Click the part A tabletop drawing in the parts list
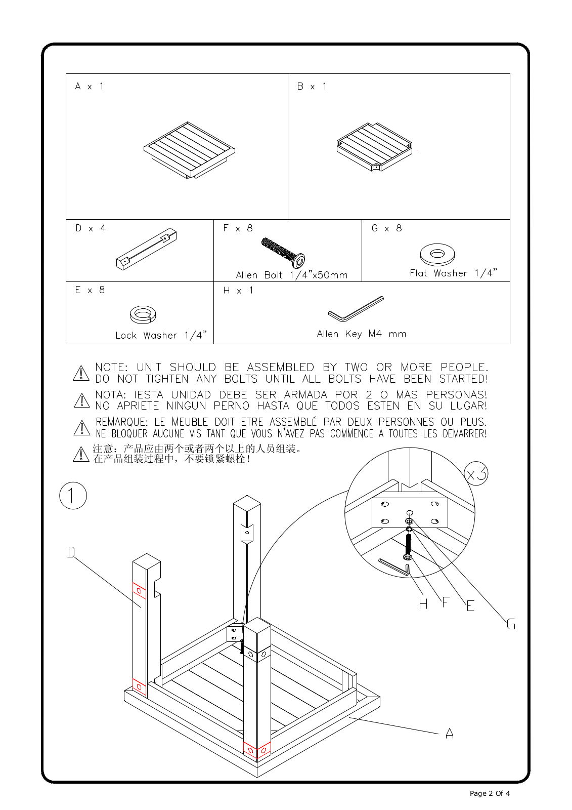coord(189,150)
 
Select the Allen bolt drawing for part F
coord(283,252)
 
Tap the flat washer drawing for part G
coord(437,254)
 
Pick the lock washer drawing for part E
coord(143,314)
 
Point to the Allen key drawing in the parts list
coord(356,309)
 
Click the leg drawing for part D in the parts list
coord(146,250)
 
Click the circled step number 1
coord(73,496)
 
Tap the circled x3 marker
coord(476,474)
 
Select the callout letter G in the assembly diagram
coord(511,624)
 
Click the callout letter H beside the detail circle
coord(423,603)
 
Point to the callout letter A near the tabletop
coord(449,733)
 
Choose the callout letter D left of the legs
coord(71,552)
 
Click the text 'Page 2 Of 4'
coord(490,793)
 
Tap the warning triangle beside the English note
coord(81,373)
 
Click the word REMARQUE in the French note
coord(121,422)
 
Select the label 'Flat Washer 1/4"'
coord(453,273)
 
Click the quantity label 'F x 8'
coord(238,228)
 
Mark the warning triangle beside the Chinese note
coord(81,454)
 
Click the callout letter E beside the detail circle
coord(470,606)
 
